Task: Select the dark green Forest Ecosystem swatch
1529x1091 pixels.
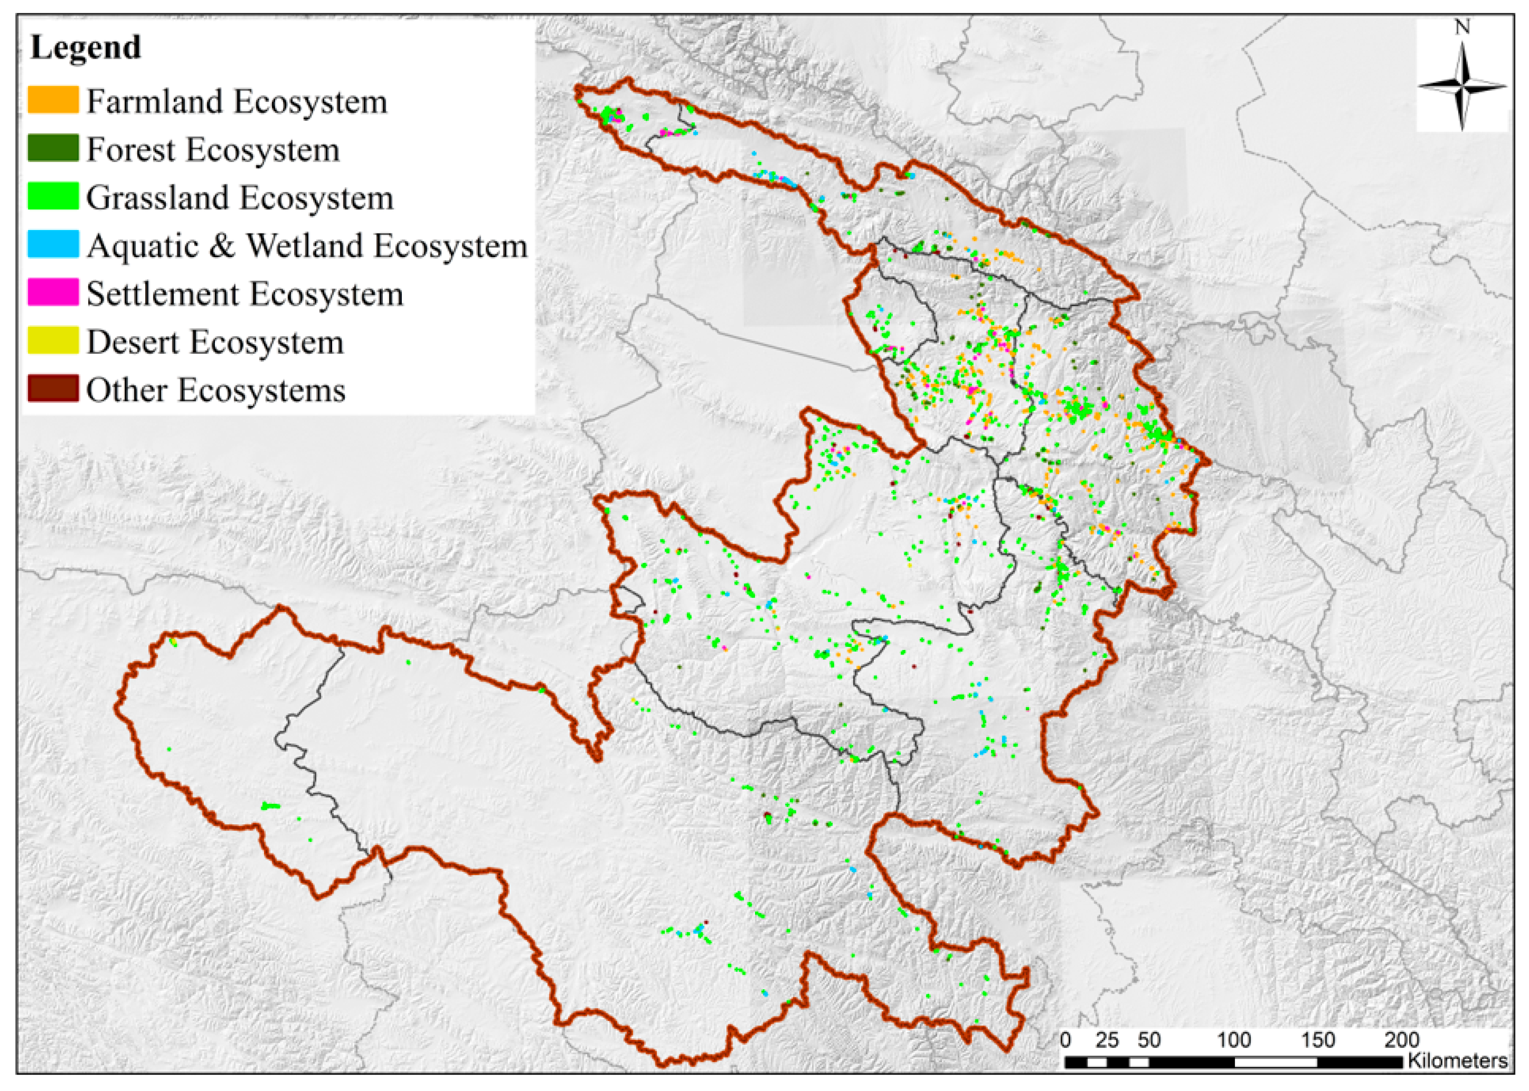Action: tap(53, 148)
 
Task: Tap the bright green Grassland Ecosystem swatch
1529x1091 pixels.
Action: tap(53, 196)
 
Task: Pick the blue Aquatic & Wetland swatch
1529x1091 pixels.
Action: tap(53, 244)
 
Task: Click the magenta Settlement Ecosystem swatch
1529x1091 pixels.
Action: tap(53, 292)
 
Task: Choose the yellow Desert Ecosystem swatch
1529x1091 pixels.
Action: tap(53, 341)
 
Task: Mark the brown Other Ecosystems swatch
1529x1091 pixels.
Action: tap(53, 388)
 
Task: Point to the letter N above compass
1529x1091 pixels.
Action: tap(1462, 27)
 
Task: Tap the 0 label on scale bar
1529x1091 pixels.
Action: tap(1066, 1040)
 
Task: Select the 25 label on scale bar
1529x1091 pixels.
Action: tap(1107, 1040)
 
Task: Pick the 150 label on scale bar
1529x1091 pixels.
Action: tap(1318, 1040)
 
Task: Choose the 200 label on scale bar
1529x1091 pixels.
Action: tap(1401, 1040)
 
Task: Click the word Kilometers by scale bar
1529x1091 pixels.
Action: tap(1457, 1061)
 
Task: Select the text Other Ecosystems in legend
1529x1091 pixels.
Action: tap(215, 390)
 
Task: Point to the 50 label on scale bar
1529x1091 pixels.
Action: tap(1149, 1040)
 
